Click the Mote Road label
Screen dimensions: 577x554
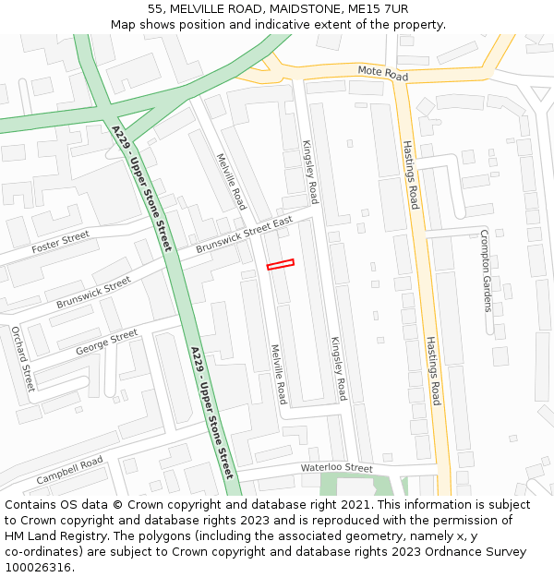(382, 72)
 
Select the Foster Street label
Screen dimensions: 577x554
(61, 243)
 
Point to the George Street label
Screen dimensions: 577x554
(106, 340)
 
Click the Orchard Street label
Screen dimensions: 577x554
(22, 358)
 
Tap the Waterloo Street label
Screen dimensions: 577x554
(336, 468)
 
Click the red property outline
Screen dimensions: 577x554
(280, 265)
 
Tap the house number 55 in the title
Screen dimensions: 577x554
(155, 8)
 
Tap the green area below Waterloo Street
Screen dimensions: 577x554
(332, 484)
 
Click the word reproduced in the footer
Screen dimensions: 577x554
(361, 521)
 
